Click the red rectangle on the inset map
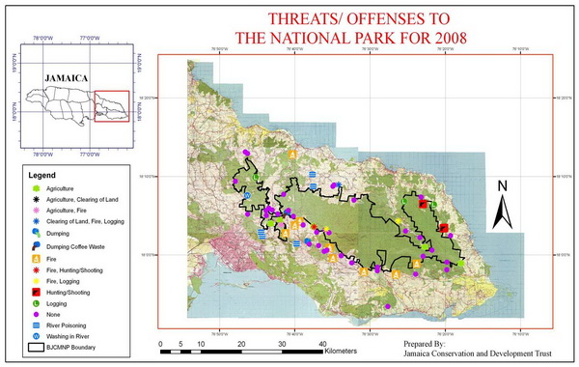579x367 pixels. pos(112,106)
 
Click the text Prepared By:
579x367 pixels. pos(426,343)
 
